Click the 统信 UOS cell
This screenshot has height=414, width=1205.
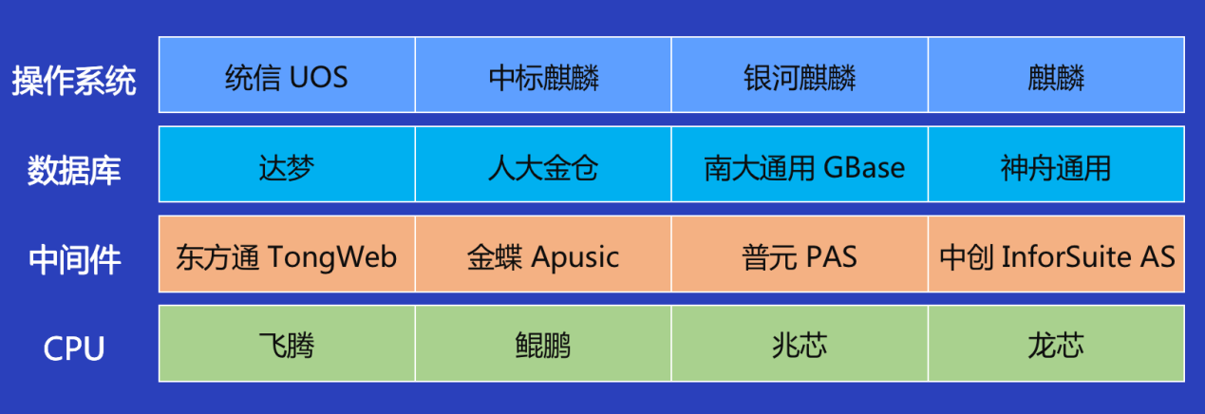287,75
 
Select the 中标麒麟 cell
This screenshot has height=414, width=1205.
543,75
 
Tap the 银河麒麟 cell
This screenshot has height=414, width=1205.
800,75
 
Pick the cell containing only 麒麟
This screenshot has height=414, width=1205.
1057,75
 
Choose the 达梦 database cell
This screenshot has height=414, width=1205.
287,164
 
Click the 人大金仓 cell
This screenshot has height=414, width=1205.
543,164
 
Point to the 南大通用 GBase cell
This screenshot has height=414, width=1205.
800,164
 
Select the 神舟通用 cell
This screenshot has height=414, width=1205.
1057,164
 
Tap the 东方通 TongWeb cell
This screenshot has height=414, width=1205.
287,254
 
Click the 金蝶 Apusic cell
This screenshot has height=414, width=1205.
543,254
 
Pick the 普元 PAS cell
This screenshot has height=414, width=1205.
800,254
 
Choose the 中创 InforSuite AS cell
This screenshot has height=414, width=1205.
1057,254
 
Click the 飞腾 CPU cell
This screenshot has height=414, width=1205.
287,344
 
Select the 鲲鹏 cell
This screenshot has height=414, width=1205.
543,344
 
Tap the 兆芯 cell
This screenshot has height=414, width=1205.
800,344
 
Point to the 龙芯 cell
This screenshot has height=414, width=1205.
1057,344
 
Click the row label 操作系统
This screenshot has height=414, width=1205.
74,81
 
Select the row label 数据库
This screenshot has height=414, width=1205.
74,170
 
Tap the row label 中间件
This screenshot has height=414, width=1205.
74,259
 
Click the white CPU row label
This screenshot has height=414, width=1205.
74,348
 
